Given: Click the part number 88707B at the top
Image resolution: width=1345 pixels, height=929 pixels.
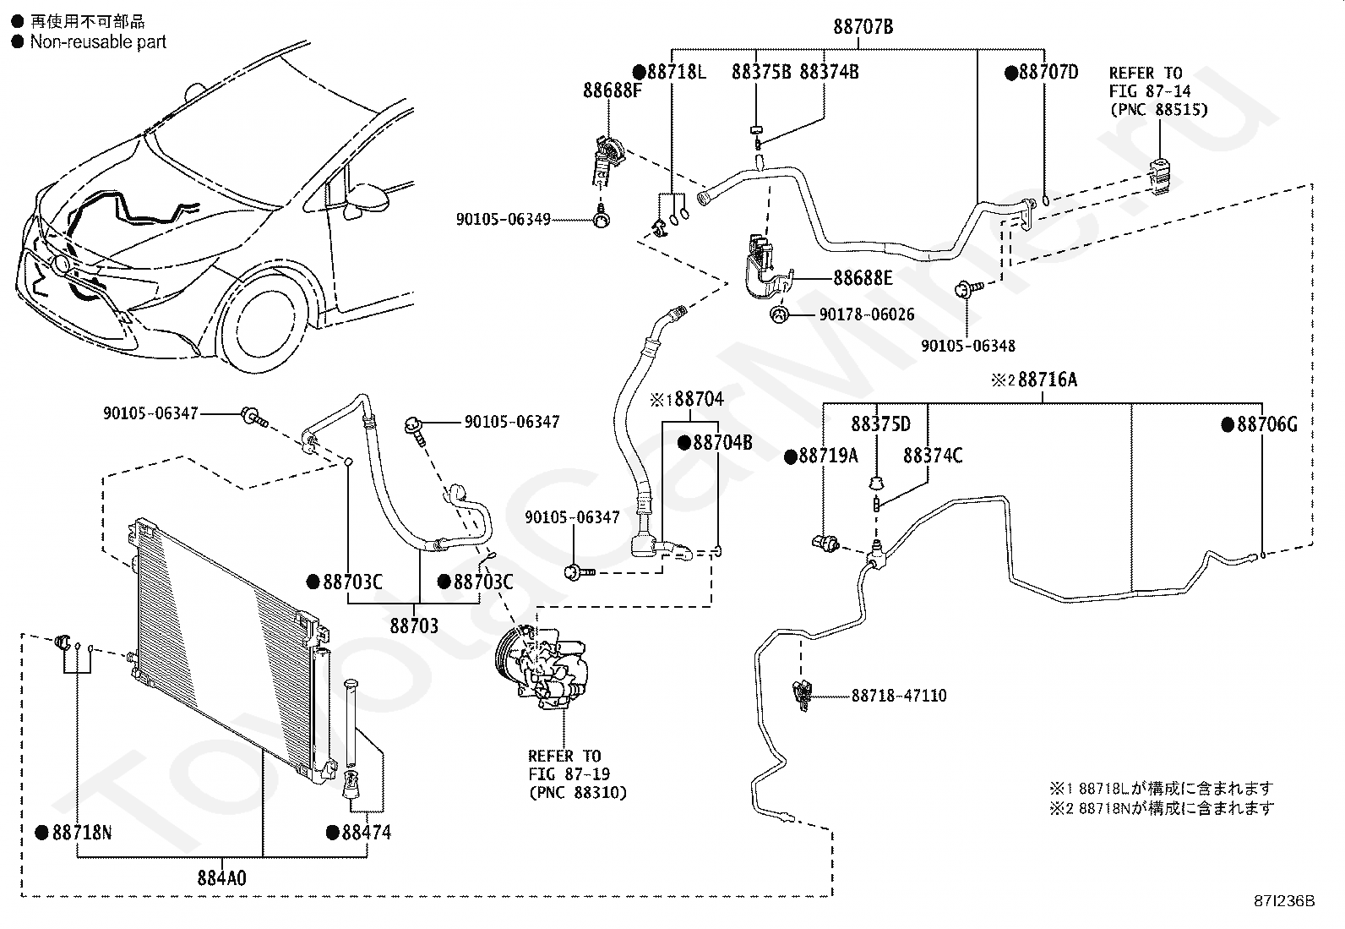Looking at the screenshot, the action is (863, 27).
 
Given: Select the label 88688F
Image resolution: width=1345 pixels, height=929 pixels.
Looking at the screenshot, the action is (613, 90).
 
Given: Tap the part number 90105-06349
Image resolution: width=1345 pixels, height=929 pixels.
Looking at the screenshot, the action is (504, 219).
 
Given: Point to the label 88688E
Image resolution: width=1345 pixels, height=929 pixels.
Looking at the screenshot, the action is (863, 277).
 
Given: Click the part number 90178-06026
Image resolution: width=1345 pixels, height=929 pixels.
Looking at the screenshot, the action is (867, 314).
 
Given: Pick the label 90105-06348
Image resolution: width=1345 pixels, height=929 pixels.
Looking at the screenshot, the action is (968, 346).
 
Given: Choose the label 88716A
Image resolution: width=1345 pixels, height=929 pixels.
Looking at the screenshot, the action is (1048, 380).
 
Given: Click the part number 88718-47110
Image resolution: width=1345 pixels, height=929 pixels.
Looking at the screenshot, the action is (899, 695).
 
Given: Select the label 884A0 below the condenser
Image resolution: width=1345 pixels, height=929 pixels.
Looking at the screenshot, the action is (221, 878).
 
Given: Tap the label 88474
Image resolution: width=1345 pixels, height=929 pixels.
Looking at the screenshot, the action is (367, 833).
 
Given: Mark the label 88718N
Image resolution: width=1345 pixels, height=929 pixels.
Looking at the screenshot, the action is (82, 833).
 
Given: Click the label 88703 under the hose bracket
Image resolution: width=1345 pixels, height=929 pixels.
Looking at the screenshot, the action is (414, 626).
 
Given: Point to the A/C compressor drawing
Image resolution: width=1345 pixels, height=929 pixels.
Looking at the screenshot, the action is (540, 667).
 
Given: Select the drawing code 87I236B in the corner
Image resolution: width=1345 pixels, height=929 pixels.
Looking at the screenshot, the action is (1284, 901).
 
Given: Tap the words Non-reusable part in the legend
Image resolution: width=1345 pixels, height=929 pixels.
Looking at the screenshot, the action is (99, 41).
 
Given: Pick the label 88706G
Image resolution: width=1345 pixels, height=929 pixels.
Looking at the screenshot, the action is (1267, 424).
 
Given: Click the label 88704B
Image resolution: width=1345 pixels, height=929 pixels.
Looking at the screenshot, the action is (722, 443).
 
